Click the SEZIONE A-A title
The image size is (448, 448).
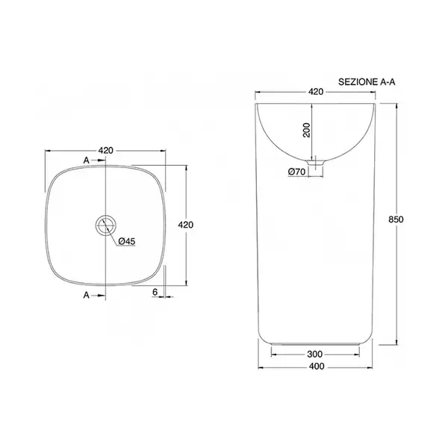(367, 82)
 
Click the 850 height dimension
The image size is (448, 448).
(396, 220)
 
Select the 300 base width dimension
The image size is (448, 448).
(314, 354)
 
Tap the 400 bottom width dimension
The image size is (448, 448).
(317, 367)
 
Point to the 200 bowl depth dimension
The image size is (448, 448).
(306, 130)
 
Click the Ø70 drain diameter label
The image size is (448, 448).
(297, 172)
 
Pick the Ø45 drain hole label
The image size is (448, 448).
(127, 241)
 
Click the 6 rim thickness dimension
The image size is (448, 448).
(155, 292)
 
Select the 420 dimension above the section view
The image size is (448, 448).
(316, 92)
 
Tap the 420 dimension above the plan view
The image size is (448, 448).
(106, 151)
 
